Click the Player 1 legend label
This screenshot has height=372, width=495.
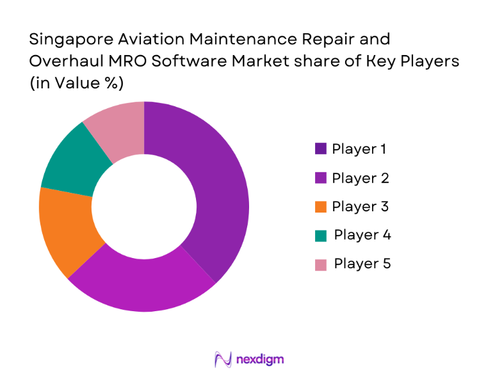click(359, 149)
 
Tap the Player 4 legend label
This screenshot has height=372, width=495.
click(362, 235)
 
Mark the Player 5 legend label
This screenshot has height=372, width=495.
click(362, 264)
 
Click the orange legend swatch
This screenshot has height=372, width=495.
click(321, 207)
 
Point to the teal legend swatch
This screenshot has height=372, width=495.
click(321, 236)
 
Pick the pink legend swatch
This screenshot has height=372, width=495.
click(321, 264)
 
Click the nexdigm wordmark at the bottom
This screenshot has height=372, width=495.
click(260, 359)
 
